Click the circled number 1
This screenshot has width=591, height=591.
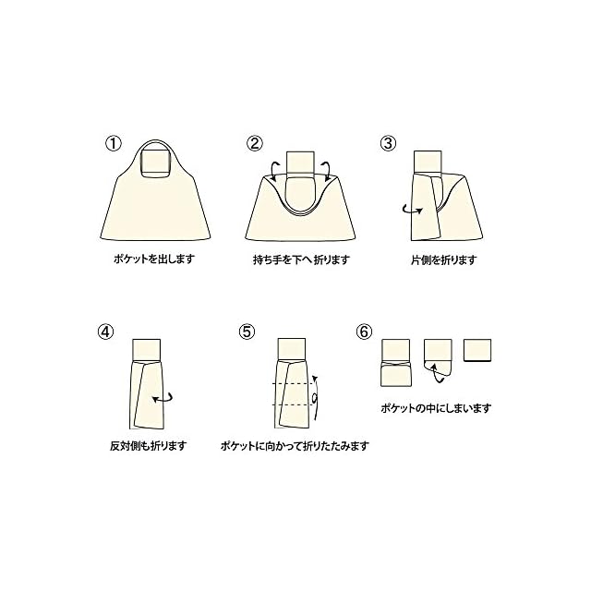pos(113,144)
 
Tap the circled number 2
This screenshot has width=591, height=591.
pos(255,144)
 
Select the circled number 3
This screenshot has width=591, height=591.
pos(388,144)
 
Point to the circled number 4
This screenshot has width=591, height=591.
pos(105,332)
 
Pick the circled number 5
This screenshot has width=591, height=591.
pos(247,332)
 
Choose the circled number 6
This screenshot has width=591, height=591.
pos(364,332)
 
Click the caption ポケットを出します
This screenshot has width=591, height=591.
pos(154,259)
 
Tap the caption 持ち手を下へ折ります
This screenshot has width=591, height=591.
pos(302,259)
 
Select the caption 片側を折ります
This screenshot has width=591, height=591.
pos(444,259)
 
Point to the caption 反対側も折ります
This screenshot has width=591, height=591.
pos(148,446)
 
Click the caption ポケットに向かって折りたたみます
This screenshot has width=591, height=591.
pos(295,446)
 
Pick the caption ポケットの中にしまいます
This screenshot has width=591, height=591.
pos(436,408)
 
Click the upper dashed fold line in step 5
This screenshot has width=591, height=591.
pos(294,384)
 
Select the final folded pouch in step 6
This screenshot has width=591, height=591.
pos(477,351)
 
